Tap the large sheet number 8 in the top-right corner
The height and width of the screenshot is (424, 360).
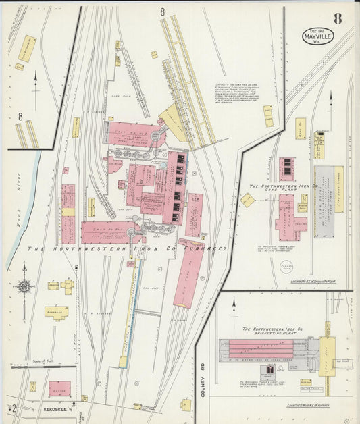[337, 18]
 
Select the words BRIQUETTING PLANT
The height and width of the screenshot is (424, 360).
[269, 334]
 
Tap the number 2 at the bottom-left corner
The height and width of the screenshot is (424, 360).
[13, 408]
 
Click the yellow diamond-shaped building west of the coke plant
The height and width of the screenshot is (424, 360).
[248, 200]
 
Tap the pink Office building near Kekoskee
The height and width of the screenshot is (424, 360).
[59, 389]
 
